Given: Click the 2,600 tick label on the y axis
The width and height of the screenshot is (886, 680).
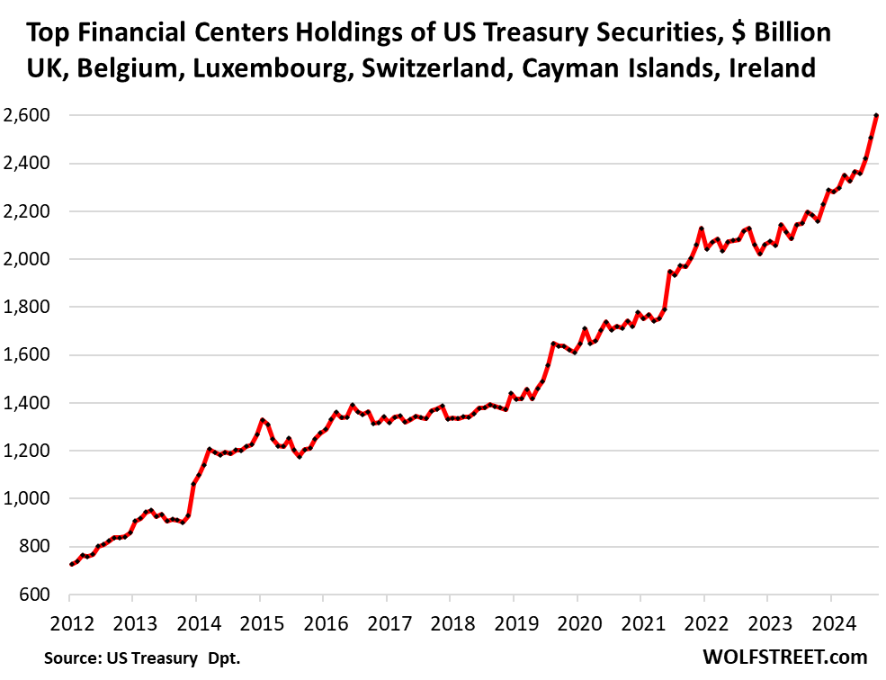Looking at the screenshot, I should [x=27, y=116].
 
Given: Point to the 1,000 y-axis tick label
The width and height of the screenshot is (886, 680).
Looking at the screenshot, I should [x=27, y=499].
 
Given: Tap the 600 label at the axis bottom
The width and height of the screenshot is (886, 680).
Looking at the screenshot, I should [x=36, y=595].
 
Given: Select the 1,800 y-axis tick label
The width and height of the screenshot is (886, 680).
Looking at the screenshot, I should [x=27, y=308].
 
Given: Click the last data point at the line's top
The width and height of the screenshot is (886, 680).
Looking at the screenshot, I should [x=876, y=116].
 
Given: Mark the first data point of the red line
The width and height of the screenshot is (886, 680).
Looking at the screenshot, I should [x=71, y=564].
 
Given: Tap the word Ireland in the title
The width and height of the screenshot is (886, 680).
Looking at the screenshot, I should [x=772, y=68].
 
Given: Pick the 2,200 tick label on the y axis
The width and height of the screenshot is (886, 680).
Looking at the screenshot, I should [x=27, y=212].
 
